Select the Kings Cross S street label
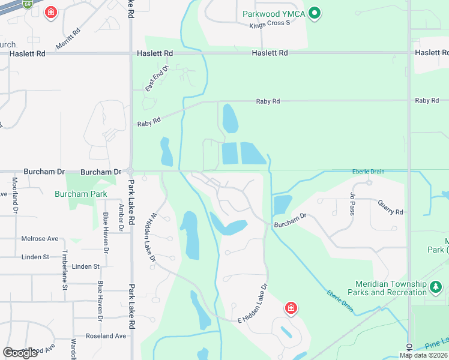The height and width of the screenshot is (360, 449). click(x=270, y=24)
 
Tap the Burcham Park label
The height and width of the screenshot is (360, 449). click(x=80, y=194)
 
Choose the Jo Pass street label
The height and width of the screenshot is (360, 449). click(x=351, y=203)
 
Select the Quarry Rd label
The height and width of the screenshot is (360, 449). click(x=390, y=208)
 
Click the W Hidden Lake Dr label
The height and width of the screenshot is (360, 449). click(x=149, y=237)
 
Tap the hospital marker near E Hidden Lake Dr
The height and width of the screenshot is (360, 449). click(x=291, y=308)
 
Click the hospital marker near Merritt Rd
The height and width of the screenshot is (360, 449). click(x=51, y=12)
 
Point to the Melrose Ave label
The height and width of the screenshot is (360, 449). click(x=41, y=238)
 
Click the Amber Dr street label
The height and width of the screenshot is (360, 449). click(x=121, y=217)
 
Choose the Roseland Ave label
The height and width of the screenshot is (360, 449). click(x=106, y=336)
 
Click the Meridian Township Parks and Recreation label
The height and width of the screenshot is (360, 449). click(x=390, y=288)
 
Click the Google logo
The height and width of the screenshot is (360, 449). click(x=20, y=353)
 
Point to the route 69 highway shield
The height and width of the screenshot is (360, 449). click(x=28, y=4)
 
